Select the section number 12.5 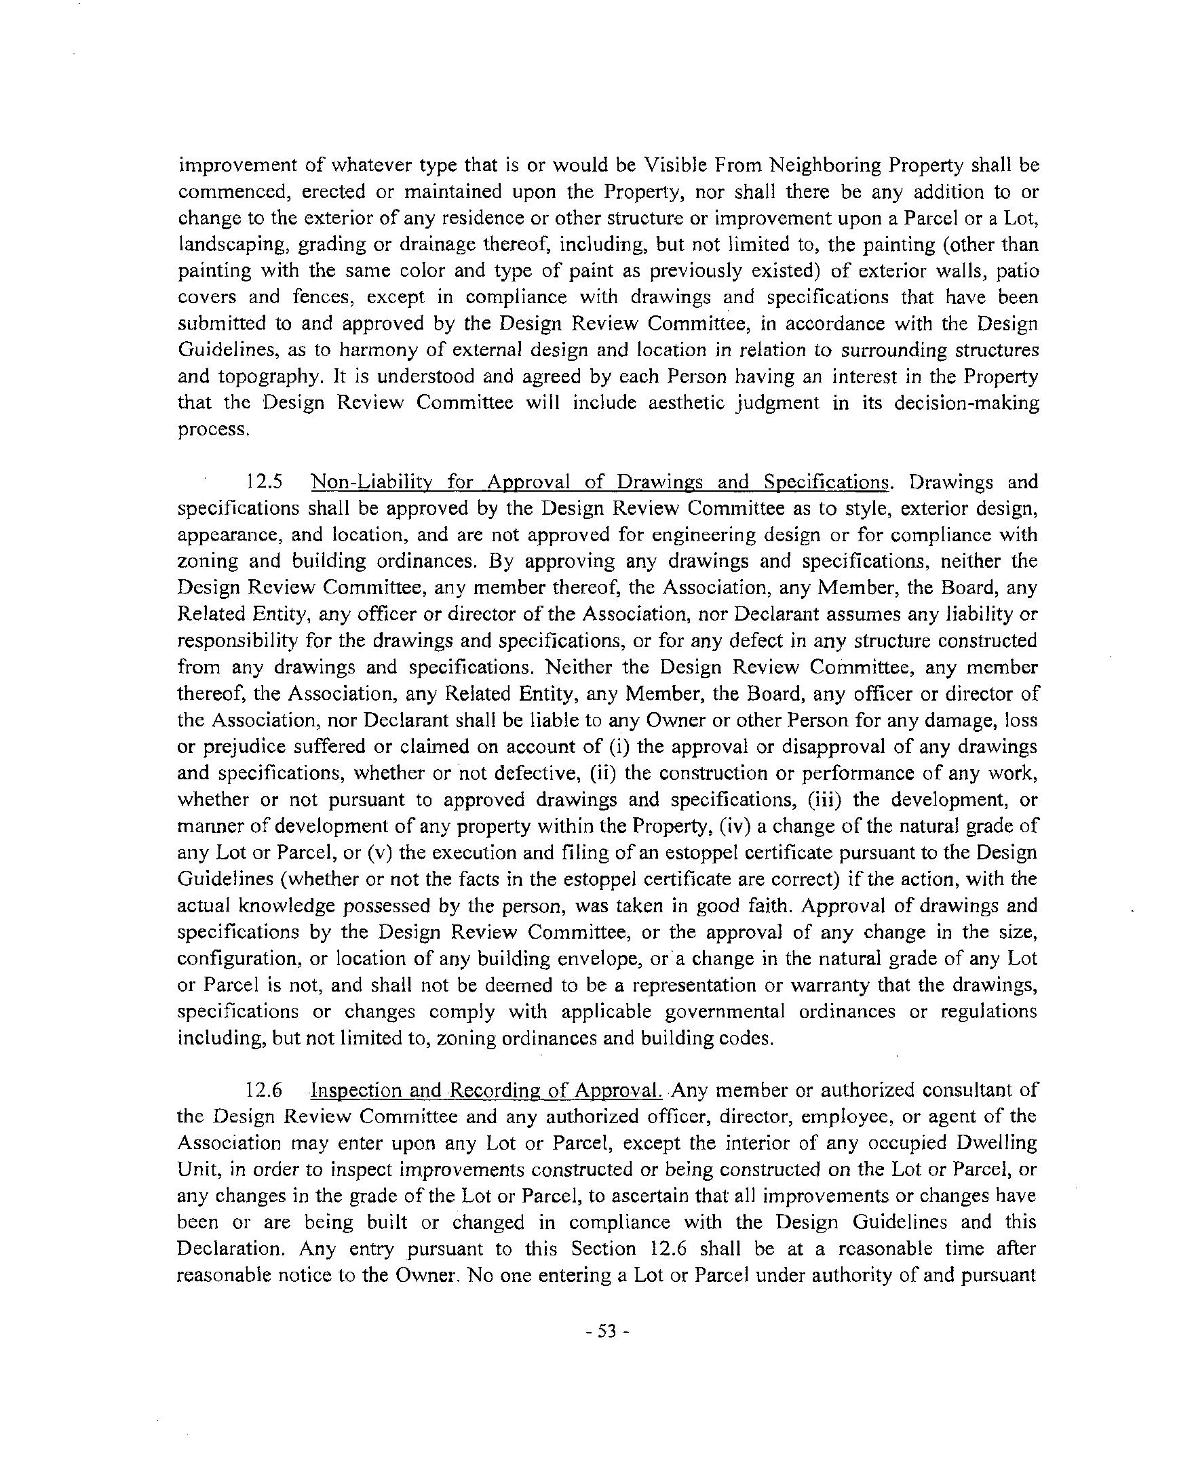click(265, 482)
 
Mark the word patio click(1014, 271)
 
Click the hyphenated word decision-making click(966, 404)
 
